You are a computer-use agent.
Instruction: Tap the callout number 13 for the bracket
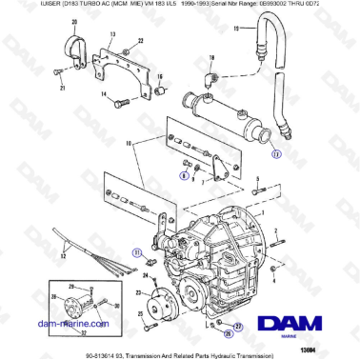tap(111, 34)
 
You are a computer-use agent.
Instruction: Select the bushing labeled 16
tap(161, 91)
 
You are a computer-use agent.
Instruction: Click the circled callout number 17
tap(277, 150)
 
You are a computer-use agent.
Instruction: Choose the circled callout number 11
tap(137, 253)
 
